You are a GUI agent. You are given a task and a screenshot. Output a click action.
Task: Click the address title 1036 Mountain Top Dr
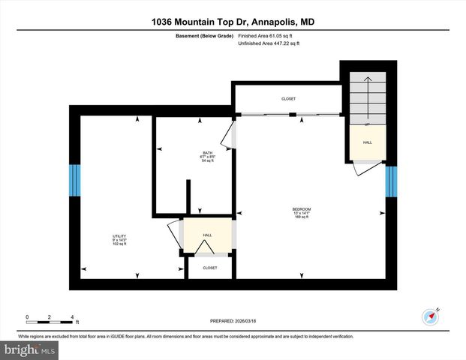(232, 22)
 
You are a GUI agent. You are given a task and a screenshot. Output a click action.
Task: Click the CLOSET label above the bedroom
(288, 99)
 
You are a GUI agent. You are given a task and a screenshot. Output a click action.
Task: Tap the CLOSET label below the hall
(210, 268)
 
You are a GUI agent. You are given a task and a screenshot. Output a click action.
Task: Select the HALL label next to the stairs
(367, 142)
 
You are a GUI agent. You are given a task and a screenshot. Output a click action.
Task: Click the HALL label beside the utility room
(207, 235)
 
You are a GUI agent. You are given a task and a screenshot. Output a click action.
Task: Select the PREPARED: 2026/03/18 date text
(233, 320)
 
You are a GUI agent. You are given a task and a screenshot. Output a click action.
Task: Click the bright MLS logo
(29, 349)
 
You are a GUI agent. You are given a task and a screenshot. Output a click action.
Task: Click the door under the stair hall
(365, 169)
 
